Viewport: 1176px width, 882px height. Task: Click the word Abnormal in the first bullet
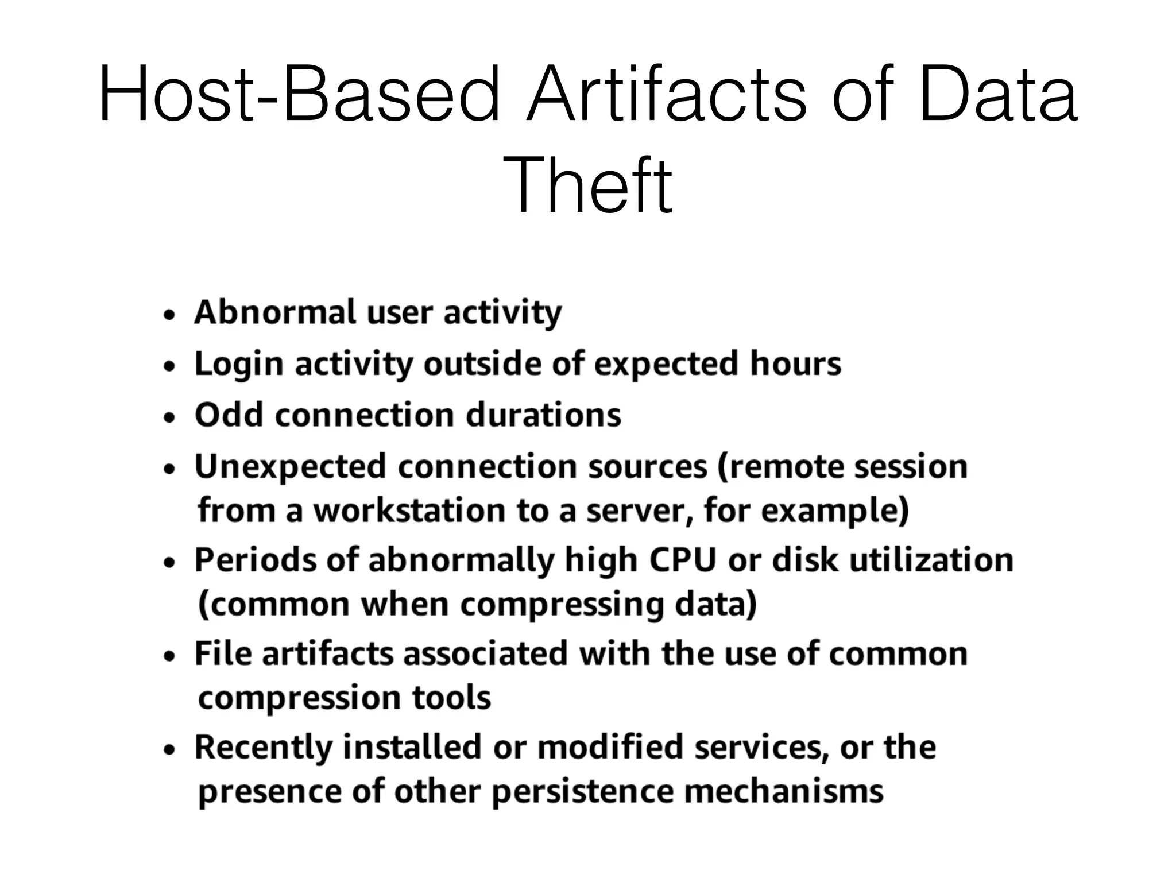pos(275,312)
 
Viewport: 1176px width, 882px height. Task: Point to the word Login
pos(239,365)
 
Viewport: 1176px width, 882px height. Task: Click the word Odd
pos(229,415)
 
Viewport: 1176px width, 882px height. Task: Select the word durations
pos(543,415)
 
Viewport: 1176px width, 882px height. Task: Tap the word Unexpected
pos(290,466)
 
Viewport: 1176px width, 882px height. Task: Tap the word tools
pos(451,698)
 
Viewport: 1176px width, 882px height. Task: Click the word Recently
pos(264,748)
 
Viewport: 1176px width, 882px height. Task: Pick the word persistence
pos(582,791)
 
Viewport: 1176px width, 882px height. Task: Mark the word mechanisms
pos(784,791)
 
